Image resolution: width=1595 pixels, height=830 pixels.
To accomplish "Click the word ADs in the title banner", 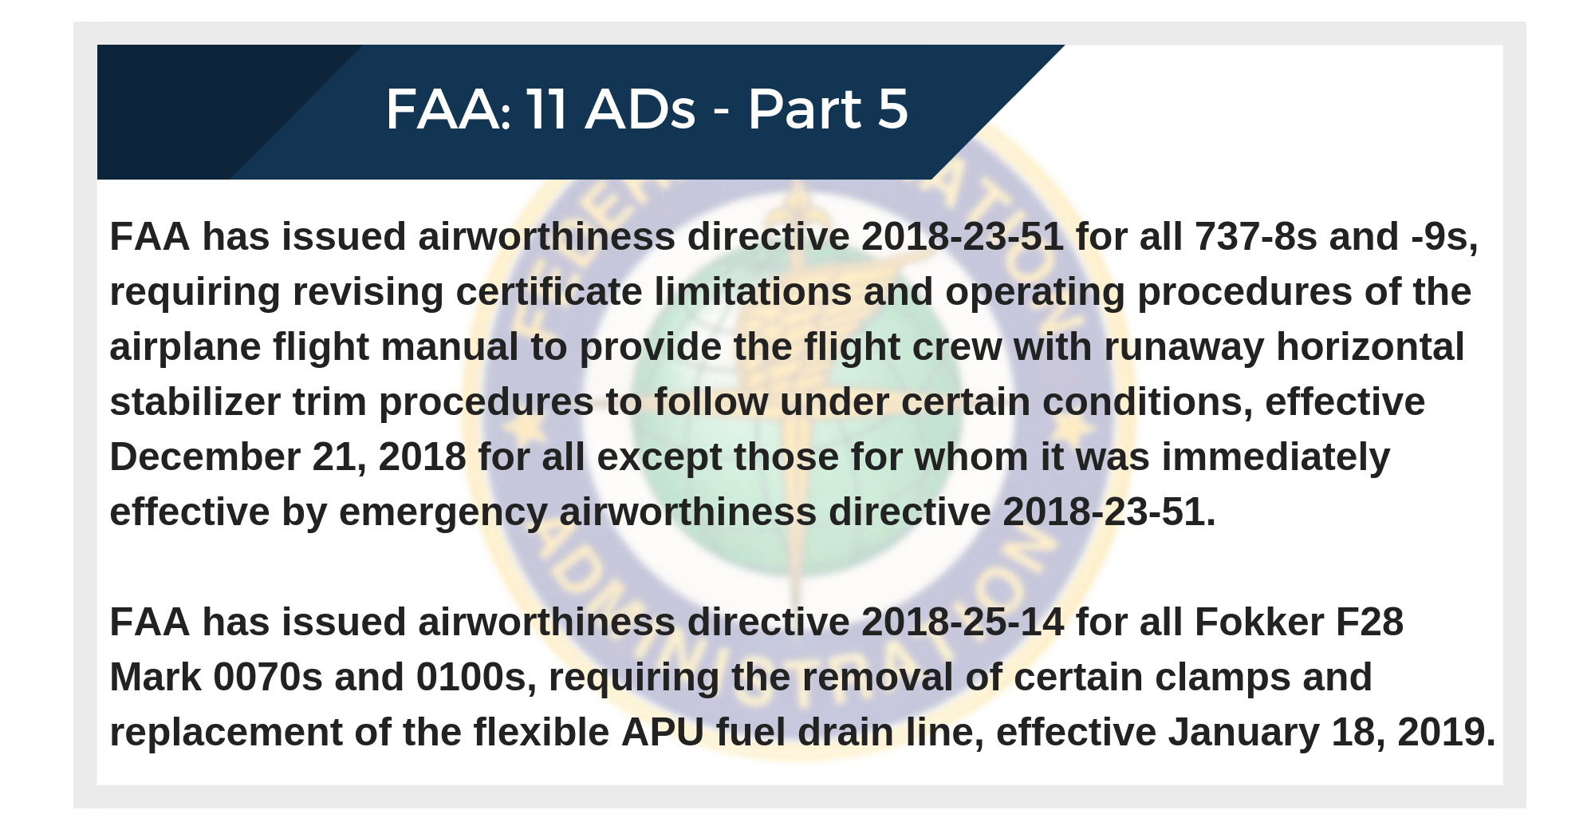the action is point(640,109).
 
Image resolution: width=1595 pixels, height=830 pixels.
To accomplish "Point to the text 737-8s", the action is point(1256,237).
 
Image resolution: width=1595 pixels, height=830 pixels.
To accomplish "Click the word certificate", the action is point(549,292).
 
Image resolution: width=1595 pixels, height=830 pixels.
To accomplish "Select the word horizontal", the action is point(1370,347).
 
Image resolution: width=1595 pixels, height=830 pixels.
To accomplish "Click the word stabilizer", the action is point(195,402).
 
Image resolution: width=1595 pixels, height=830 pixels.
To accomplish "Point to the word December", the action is point(205,457).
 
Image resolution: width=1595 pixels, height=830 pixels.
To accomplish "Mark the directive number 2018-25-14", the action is point(963,622).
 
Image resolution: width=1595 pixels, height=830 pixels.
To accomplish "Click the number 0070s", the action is point(268,678).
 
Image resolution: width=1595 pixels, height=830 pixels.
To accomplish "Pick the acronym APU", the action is point(663,733).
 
